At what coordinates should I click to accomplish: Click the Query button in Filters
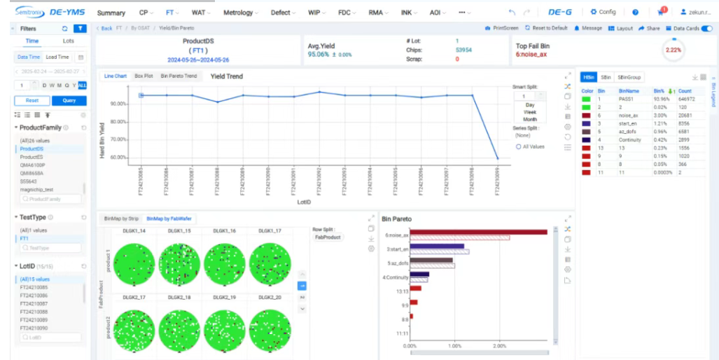69,100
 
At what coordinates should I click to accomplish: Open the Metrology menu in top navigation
239,13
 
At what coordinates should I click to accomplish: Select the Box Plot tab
143,76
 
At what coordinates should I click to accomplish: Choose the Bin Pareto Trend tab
179,76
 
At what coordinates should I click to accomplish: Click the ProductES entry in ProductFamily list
32,157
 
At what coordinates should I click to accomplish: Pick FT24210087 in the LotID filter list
34,303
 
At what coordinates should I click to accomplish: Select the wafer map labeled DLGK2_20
270,330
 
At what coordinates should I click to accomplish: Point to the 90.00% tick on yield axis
118,104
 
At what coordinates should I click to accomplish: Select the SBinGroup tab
629,77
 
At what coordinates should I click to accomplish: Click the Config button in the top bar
603,12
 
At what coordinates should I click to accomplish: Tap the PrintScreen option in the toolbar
502,29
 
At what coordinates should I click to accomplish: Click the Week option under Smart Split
530,112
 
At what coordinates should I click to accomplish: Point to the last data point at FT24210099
497,158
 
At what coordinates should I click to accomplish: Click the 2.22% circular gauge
673,50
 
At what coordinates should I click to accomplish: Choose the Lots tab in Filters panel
69,41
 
